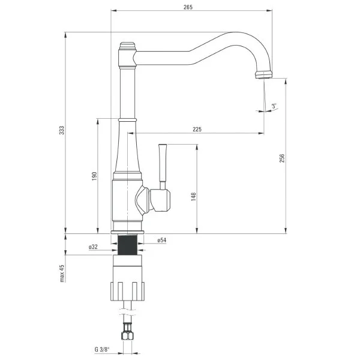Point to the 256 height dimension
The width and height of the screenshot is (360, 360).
point(282,157)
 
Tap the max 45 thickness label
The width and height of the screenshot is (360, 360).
point(62,274)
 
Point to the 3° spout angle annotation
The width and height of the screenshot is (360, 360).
point(274,106)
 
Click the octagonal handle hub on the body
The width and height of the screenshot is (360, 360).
point(161,199)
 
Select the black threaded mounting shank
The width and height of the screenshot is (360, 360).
point(127,245)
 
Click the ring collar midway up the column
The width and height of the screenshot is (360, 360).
point(127,120)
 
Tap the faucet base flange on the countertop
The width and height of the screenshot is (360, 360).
point(127,231)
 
